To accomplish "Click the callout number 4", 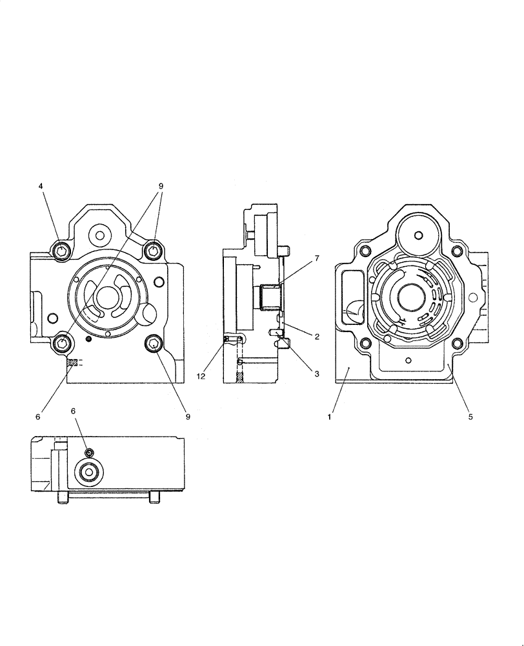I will click(41, 186).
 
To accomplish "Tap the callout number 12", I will click(201, 376).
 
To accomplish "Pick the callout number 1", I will click(329, 417).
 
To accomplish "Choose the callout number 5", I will click(470, 417).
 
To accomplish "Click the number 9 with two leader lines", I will click(161, 186).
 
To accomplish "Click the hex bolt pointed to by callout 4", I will click(60, 251).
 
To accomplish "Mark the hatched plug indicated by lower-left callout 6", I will click(73, 362).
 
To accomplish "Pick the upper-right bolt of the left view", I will click(154, 251).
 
